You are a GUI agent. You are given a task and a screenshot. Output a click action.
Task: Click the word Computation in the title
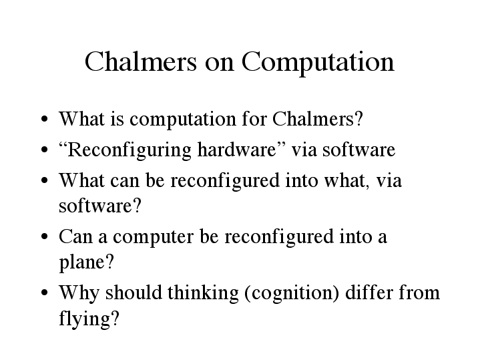[318, 63]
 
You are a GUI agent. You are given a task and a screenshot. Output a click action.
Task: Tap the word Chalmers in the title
[140, 61]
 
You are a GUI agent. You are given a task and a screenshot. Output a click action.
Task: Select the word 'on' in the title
[219, 65]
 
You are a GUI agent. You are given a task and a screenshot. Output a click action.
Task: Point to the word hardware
[237, 150]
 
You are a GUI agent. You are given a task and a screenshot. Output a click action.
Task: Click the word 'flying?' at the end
[89, 319]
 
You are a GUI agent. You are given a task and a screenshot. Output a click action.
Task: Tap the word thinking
[203, 293]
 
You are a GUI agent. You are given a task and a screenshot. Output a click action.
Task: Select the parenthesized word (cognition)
[292, 293]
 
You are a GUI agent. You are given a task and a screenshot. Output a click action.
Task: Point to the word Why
[79, 293]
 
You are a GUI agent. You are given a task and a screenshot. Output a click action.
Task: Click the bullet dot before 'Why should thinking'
[44, 293]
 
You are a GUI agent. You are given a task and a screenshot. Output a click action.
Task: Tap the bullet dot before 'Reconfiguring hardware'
[44, 150]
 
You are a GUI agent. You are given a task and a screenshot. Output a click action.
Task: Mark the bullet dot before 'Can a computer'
[44, 236]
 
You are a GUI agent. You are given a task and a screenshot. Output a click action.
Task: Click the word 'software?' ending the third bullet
[100, 206]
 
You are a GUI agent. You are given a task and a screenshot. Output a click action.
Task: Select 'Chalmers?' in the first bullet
[318, 119]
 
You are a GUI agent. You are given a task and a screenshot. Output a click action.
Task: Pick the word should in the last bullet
[134, 293]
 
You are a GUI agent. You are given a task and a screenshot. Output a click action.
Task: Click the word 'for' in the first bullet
[254, 119]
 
